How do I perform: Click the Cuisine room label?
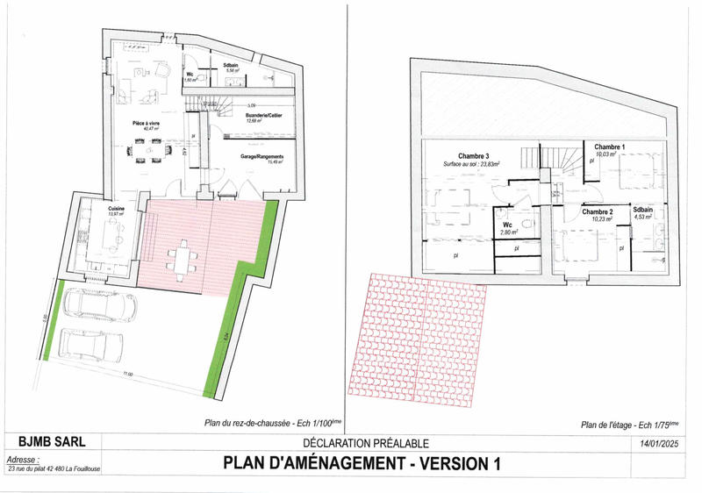(x=117, y=209)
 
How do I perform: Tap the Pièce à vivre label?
(x=145, y=125)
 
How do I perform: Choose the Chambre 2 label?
(x=597, y=212)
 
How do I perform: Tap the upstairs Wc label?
(x=507, y=225)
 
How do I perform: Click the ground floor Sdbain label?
(x=232, y=67)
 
